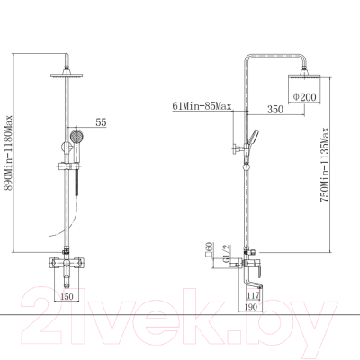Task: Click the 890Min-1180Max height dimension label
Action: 8,153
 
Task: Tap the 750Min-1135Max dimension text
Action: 325,165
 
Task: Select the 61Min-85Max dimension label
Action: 202,106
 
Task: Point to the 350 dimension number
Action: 275,110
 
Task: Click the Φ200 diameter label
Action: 304,97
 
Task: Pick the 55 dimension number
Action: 101,122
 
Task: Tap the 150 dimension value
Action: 67,296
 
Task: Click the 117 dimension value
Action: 253,296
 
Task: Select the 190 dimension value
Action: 251,307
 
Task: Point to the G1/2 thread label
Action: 226,253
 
